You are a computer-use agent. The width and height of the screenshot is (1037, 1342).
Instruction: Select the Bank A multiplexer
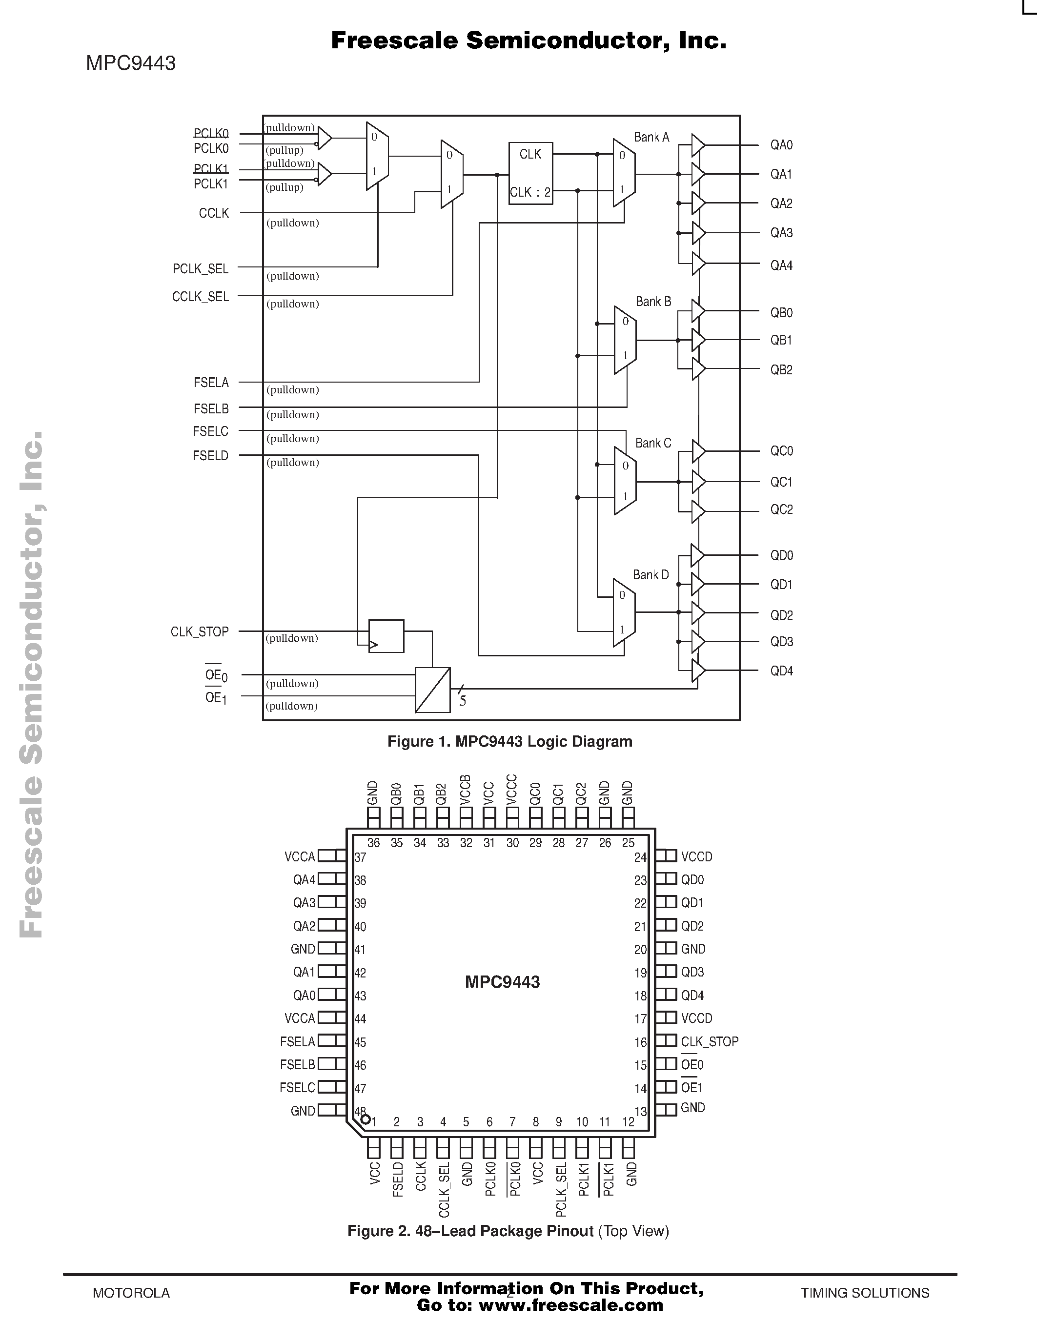[x=624, y=173]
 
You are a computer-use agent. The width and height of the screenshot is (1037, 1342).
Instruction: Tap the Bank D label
[x=651, y=575]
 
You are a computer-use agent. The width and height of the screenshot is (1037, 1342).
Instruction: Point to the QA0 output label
[x=781, y=145]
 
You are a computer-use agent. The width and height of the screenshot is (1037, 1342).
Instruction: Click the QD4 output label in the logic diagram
[x=781, y=671]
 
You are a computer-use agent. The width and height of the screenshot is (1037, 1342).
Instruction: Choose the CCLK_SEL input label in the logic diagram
[x=200, y=297]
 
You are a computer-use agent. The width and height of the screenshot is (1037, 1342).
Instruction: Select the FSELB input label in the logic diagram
[x=211, y=408]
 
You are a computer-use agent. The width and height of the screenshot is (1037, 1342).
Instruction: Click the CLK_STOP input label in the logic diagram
[x=200, y=631]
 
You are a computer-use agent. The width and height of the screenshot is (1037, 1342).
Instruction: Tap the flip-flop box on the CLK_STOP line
[x=386, y=636]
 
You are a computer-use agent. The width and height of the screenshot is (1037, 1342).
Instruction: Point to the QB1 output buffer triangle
[x=698, y=340]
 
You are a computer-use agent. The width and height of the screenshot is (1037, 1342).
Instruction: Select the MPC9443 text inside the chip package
[x=503, y=982]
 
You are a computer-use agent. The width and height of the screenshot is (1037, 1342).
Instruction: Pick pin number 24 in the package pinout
[x=641, y=857]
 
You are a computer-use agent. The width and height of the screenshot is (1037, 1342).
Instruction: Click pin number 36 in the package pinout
[x=373, y=843]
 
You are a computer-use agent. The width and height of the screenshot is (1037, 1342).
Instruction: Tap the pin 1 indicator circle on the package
[x=366, y=1119]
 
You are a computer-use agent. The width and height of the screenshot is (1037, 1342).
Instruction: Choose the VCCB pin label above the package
[x=466, y=791]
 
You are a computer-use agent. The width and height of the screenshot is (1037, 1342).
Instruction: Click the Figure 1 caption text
[x=510, y=742]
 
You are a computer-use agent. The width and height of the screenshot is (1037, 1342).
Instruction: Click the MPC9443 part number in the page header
[x=131, y=63]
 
